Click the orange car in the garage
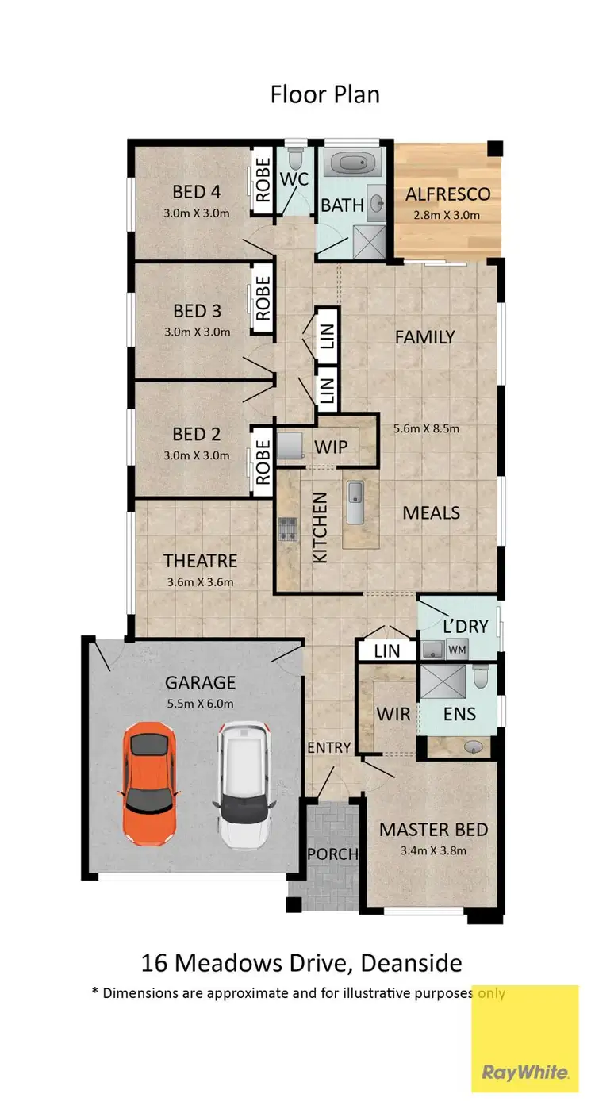(x=148, y=783)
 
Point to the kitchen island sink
(x=355, y=502)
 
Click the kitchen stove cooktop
(x=286, y=529)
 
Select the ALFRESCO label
(x=448, y=194)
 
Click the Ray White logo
(x=525, y=1073)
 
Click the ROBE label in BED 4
(x=261, y=180)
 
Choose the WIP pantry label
(x=331, y=447)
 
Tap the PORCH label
(x=332, y=854)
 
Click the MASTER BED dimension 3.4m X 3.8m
(x=432, y=851)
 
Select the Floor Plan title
(x=324, y=94)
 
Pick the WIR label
(x=393, y=714)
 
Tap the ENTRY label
(x=329, y=746)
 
